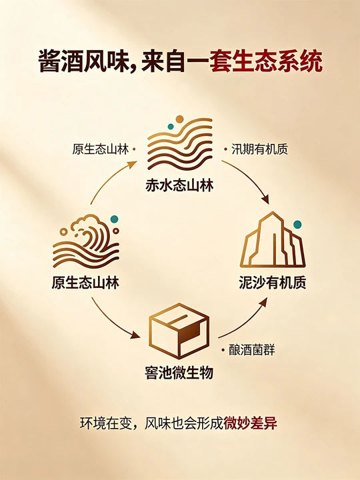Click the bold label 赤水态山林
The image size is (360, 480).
(x=179, y=185)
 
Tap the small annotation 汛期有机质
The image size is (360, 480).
(x=259, y=149)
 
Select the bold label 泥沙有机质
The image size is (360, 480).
(x=273, y=282)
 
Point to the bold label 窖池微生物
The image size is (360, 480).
(x=179, y=373)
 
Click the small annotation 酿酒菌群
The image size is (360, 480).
(x=252, y=350)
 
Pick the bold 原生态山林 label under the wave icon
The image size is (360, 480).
(x=85, y=282)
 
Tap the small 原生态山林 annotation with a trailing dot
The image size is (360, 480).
(x=101, y=149)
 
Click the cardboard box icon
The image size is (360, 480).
(x=179, y=331)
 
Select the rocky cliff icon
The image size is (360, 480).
(x=273, y=239)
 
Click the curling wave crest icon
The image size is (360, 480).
(x=86, y=241)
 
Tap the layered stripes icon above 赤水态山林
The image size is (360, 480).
(x=180, y=144)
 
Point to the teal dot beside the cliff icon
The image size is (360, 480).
(x=297, y=225)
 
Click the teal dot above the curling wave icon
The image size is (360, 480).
(x=114, y=219)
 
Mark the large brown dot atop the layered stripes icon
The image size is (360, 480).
(x=180, y=119)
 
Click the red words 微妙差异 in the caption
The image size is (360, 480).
(x=250, y=423)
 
